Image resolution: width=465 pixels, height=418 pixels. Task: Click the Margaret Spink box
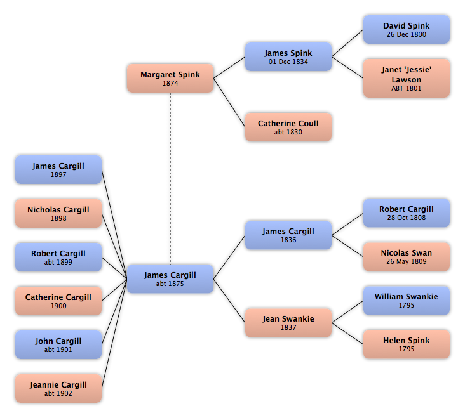(x=170, y=78)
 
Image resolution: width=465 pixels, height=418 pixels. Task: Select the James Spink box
(x=288, y=56)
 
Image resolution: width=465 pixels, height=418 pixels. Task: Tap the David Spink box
(x=407, y=30)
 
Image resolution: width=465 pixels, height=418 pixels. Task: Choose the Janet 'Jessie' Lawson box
(x=407, y=78)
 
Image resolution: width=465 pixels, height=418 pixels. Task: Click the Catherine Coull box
(x=288, y=127)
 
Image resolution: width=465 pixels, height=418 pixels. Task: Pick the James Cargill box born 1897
(x=58, y=169)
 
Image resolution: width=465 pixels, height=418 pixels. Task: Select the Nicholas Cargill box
(x=58, y=214)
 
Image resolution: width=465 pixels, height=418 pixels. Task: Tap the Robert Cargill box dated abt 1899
(x=58, y=258)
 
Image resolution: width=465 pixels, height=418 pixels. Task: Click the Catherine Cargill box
(x=58, y=301)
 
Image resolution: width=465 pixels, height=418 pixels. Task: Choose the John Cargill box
(x=58, y=344)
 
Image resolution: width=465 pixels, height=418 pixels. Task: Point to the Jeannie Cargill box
(x=58, y=388)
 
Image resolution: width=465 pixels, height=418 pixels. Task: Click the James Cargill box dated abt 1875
(x=170, y=279)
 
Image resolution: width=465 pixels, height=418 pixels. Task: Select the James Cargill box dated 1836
(x=288, y=235)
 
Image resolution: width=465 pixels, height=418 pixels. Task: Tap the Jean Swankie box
(x=288, y=323)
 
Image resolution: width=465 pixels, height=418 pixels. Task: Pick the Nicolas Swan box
(x=407, y=257)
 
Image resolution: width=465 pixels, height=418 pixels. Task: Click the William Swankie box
(x=407, y=301)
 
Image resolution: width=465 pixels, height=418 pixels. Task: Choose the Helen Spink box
(x=407, y=344)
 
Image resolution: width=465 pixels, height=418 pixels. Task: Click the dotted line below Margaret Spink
(x=170, y=178)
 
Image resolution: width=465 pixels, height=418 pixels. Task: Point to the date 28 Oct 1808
(x=407, y=218)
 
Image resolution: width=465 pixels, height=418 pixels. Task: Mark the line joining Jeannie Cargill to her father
(x=114, y=334)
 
